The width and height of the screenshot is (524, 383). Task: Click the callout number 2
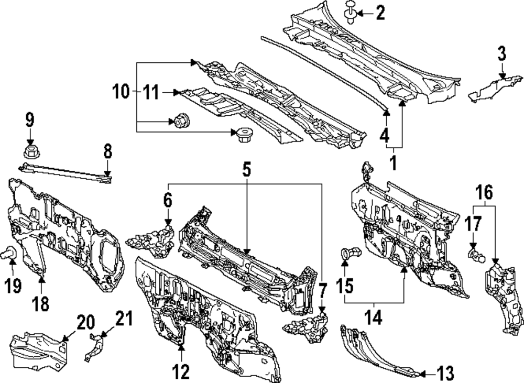pos(380,13)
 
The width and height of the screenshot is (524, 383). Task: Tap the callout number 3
pos(501,53)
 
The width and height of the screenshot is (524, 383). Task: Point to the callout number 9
pos(29,120)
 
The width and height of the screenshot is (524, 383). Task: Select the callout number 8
pos(107,152)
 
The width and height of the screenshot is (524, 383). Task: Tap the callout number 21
pos(124,318)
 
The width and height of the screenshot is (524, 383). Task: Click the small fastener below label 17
pos(475,256)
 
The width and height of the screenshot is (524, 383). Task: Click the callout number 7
pos(323,289)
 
